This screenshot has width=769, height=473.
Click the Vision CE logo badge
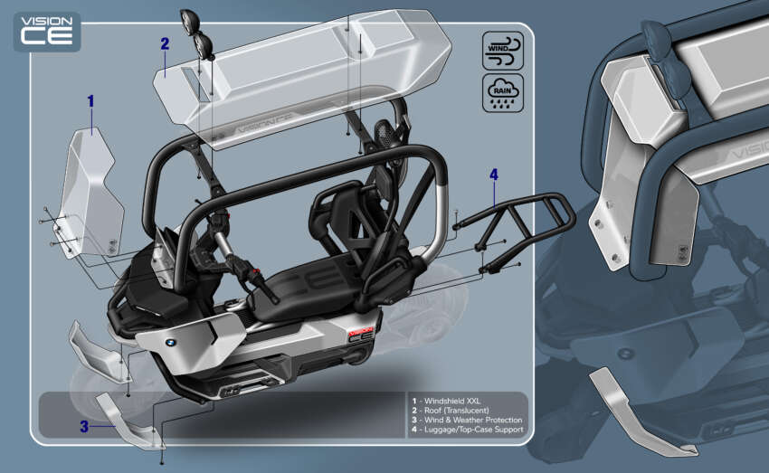tap(46, 32)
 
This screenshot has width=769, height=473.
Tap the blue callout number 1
tap(90, 101)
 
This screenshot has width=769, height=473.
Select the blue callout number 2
tap(165, 43)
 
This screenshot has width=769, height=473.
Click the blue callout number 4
tap(494, 175)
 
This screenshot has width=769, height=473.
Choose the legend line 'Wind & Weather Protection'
tap(467, 420)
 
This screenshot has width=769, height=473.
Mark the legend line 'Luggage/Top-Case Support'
tap(467, 430)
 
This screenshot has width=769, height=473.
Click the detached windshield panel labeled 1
tap(90, 194)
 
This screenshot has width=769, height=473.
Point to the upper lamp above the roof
tap(192, 20)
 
